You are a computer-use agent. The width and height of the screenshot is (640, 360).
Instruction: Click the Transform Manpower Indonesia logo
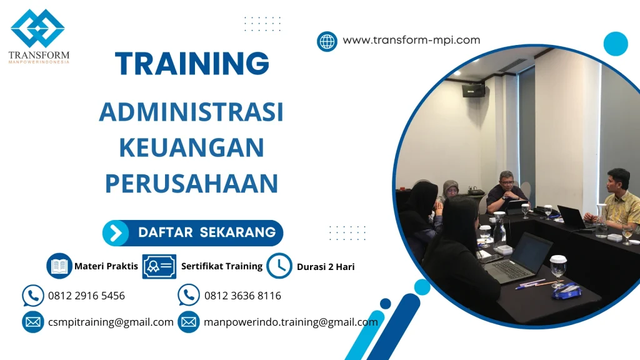(38, 36)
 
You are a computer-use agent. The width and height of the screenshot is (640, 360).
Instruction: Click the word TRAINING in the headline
(192, 63)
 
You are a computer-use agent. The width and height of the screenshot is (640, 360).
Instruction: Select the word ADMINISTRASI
(191, 112)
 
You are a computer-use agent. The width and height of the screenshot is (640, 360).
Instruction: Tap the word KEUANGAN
(191, 148)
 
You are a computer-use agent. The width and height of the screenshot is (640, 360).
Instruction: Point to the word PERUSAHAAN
(191, 184)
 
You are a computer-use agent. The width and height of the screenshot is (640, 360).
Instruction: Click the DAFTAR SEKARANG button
(192, 233)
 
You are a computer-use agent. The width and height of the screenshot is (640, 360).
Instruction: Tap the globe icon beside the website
(327, 41)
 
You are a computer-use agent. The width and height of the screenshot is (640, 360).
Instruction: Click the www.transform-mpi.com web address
(411, 41)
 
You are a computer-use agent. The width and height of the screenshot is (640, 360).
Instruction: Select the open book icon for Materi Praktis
(59, 266)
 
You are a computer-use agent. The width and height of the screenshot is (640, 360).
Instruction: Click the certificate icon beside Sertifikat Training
(159, 266)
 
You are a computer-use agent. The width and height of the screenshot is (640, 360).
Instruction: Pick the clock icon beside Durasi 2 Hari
(279, 266)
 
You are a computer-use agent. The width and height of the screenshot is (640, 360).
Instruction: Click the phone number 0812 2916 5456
(86, 296)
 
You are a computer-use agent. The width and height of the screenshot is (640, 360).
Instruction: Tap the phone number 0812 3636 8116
(242, 296)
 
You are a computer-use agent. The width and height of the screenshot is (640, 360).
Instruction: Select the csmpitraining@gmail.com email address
(111, 322)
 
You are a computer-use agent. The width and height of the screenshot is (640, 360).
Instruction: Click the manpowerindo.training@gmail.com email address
(291, 322)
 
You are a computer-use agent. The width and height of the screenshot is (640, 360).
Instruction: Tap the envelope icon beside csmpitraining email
(33, 322)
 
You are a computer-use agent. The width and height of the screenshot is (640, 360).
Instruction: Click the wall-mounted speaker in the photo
(473, 91)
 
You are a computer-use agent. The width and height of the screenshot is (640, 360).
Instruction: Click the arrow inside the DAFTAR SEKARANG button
(116, 233)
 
